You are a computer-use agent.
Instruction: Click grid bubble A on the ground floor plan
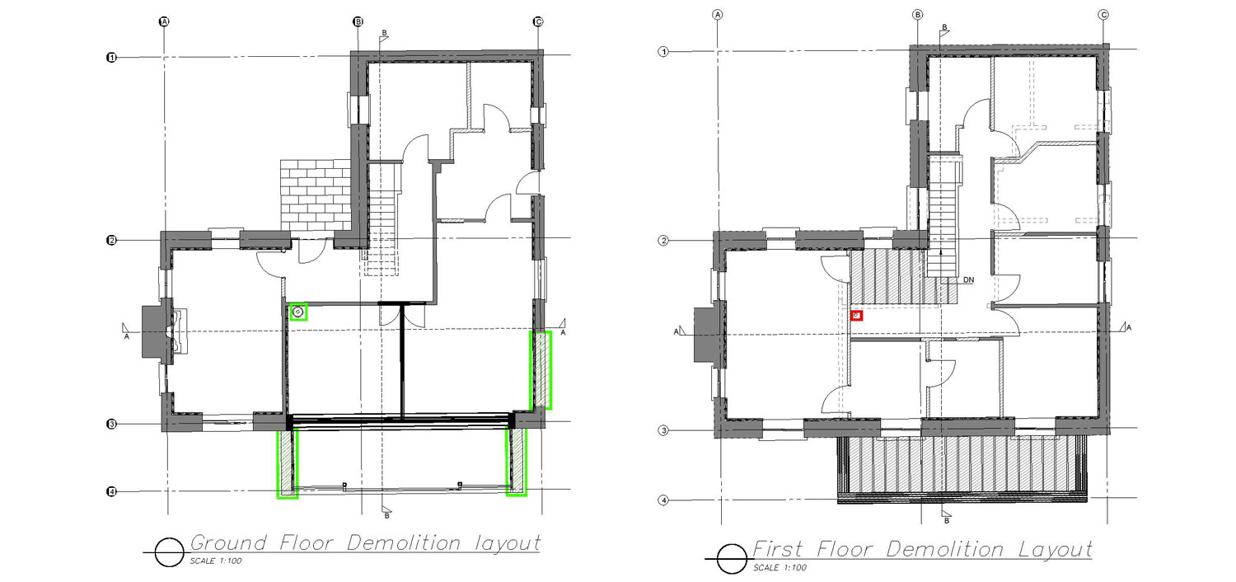164,21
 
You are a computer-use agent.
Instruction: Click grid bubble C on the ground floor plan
538,21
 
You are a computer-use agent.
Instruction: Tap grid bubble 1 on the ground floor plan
111,58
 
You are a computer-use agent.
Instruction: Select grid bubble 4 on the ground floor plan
111,491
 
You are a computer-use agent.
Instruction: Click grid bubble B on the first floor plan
918,15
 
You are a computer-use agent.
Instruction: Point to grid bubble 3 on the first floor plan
663,430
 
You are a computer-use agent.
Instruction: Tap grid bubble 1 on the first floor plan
663,52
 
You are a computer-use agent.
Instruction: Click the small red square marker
856,315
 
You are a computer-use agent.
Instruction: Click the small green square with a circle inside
298,312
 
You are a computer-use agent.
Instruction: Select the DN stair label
968,280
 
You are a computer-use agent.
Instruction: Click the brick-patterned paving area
316,195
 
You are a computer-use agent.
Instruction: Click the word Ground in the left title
228,542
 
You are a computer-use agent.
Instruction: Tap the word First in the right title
778,549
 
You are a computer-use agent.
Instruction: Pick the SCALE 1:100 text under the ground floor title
216,561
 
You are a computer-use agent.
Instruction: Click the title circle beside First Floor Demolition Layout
733,559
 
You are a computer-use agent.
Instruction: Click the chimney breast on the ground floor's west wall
155,331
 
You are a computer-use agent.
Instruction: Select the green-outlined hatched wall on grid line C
541,370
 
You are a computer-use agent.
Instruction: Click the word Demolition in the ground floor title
404,542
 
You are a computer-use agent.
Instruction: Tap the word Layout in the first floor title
1055,550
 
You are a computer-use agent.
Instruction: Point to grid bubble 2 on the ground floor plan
111,240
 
